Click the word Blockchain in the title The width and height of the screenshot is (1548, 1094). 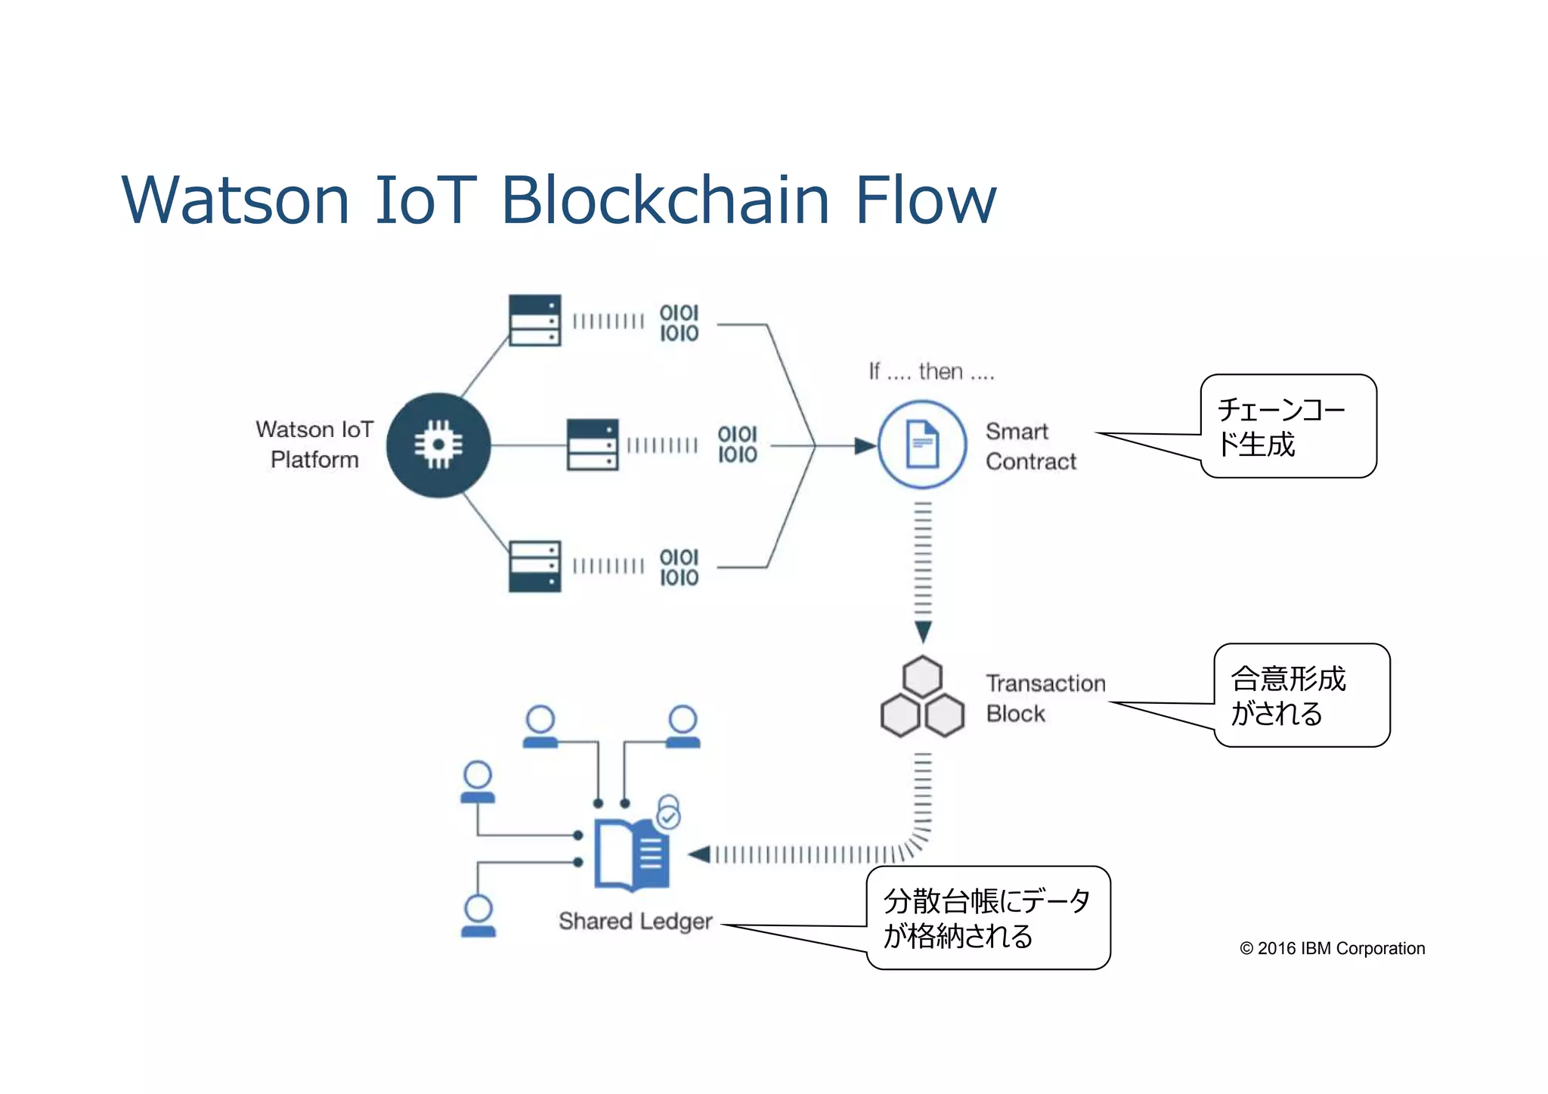(x=665, y=200)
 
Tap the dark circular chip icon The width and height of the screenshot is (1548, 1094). (x=438, y=445)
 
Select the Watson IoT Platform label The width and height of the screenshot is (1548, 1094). (x=314, y=445)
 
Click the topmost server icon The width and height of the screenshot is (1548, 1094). (x=534, y=320)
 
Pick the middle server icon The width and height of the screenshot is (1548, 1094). (x=592, y=445)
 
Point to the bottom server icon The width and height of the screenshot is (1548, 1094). (x=534, y=566)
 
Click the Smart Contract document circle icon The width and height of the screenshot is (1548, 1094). (x=921, y=445)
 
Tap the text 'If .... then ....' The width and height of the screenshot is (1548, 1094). (x=930, y=371)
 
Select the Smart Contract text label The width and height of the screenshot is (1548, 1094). (x=1030, y=446)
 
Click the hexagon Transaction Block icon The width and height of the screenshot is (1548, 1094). (x=922, y=697)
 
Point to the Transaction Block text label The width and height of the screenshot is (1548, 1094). (x=1045, y=698)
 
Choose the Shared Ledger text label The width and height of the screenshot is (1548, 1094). (x=635, y=921)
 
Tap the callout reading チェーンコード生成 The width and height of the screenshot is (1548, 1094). (x=1288, y=426)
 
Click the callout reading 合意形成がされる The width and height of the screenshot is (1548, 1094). (x=1301, y=696)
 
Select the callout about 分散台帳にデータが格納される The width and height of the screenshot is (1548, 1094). (x=987, y=918)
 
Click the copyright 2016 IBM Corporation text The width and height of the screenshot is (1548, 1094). (x=1332, y=948)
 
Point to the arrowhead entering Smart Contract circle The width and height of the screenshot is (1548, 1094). (x=865, y=445)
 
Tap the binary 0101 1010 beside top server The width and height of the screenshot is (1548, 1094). (x=679, y=323)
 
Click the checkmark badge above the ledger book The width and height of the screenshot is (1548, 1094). (x=668, y=817)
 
